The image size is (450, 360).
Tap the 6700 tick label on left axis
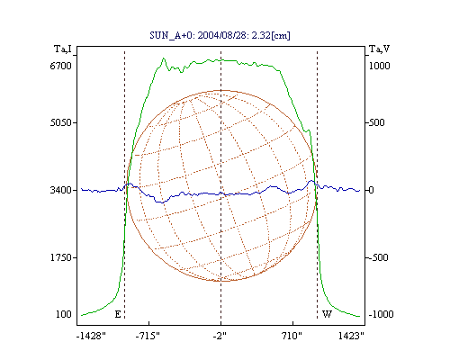[x=61, y=66]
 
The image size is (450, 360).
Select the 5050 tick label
[x=61, y=122]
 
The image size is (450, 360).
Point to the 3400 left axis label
[x=61, y=190]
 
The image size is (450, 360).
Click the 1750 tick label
[x=61, y=257]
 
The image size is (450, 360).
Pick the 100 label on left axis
[x=64, y=314]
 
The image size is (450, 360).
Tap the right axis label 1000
[x=379, y=66]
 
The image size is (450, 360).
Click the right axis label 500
[x=376, y=122]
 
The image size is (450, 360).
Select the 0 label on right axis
[x=371, y=190]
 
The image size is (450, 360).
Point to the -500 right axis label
[x=378, y=257]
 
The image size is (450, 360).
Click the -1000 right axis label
[x=381, y=314]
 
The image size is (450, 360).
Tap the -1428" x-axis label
[x=91, y=336]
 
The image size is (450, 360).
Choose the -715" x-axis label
[x=148, y=336]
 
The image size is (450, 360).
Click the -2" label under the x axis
[x=220, y=336]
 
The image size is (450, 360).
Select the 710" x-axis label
[x=292, y=336]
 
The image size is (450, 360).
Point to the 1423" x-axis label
[x=351, y=336]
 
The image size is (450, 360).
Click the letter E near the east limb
[x=118, y=314]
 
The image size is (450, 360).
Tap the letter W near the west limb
[x=327, y=314]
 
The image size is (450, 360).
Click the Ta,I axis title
[x=63, y=49]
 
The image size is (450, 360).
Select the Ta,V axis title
[x=379, y=49]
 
